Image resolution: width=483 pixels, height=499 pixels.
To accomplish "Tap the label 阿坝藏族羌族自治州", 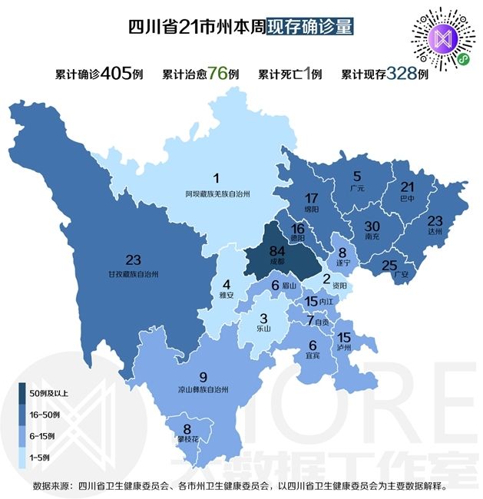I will (217, 193).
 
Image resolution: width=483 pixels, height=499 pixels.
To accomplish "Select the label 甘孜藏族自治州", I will (133, 273).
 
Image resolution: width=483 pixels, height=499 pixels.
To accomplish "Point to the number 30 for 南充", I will (372, 226).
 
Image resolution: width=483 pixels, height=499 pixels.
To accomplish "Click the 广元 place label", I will (356, 187).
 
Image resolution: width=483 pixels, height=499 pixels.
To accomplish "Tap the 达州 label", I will (435, 230).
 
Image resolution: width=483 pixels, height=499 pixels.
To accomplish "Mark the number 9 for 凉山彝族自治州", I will (203, 376).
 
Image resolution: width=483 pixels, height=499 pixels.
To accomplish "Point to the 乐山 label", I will (263, 332).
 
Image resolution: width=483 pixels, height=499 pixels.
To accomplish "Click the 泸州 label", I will (344, 348).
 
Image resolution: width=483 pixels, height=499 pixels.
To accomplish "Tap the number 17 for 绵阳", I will (311, 197).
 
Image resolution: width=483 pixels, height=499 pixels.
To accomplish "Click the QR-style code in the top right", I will (442, 39).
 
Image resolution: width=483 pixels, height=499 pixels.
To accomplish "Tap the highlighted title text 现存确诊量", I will (310, 26).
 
